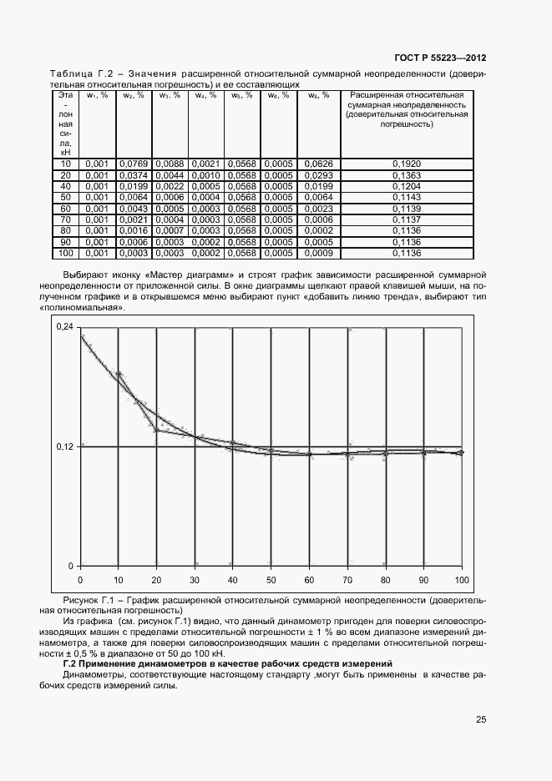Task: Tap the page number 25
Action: pos(480,719)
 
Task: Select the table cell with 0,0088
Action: pos(170,164)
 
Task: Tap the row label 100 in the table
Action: pos(66,253)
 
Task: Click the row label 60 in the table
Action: pos(66,208)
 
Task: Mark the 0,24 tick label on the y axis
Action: pos(63,327)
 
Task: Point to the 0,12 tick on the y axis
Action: pos(63,446)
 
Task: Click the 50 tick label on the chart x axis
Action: pos(271,579)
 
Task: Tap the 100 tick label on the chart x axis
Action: pos(461,579)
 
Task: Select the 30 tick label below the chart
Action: pos(195,579)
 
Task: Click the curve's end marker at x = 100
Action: pos(461,452)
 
